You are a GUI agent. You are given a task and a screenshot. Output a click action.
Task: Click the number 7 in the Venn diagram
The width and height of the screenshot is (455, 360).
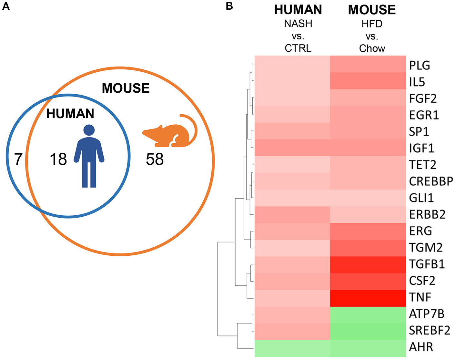point(18,159)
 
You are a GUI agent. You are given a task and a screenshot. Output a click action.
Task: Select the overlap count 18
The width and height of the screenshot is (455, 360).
point(58,159)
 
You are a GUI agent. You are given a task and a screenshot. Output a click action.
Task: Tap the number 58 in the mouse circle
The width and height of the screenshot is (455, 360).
point(155,159)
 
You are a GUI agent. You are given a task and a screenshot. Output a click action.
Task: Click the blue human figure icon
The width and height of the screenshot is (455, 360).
point(89,156)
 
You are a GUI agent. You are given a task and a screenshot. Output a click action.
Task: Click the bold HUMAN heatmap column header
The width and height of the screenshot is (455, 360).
point(298,10)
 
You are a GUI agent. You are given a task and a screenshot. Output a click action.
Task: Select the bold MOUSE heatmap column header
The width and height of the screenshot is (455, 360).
point(372,10)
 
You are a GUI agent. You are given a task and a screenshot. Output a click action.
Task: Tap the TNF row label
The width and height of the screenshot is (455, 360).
point(420,297)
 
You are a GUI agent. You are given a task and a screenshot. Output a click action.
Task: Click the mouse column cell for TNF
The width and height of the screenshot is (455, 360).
point(368,298)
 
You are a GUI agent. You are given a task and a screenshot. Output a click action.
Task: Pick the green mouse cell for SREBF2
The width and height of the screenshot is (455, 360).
point(368,331)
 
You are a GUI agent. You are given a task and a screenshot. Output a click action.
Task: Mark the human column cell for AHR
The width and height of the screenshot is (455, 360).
point(292,348)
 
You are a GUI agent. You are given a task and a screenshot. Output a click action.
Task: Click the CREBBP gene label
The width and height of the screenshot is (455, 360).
point(431,181)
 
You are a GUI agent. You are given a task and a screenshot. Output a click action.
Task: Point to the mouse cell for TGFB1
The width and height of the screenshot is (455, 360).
point(368,265)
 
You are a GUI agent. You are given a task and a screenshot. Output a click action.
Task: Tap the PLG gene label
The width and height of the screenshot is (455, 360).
point(420,65)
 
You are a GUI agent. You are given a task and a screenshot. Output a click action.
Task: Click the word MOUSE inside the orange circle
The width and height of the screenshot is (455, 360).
point(126,88)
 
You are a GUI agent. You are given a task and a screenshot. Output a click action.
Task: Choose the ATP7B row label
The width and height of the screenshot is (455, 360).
point(427,314)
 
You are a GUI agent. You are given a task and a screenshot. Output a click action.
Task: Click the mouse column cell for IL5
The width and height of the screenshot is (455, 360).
point(368,81)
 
